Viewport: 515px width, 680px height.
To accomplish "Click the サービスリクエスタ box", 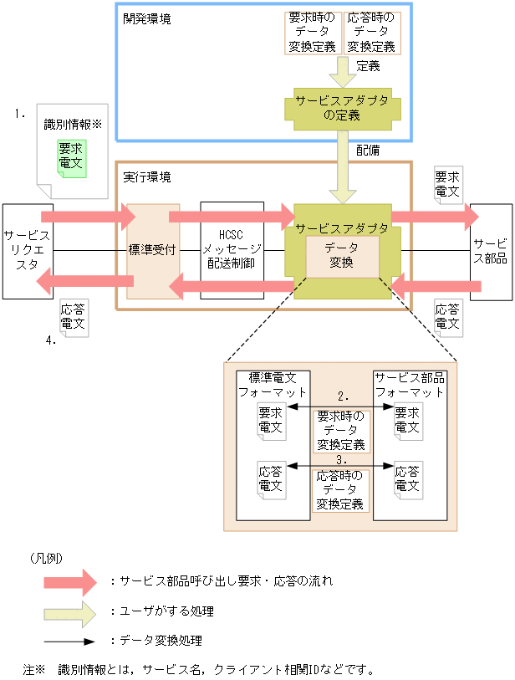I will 27,250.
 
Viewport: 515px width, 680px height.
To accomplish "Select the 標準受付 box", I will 152,250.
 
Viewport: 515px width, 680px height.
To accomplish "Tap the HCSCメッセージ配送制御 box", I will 232,250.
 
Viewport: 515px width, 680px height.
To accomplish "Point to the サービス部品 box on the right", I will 491,250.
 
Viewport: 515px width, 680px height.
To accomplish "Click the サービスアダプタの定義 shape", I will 342,107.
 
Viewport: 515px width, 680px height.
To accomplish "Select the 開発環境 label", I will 147,18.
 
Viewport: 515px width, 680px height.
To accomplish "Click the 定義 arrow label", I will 368,65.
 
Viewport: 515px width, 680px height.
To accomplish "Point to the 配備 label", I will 368,151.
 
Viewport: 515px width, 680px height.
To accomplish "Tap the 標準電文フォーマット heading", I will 273,384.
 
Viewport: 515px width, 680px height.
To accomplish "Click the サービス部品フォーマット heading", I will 409,384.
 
